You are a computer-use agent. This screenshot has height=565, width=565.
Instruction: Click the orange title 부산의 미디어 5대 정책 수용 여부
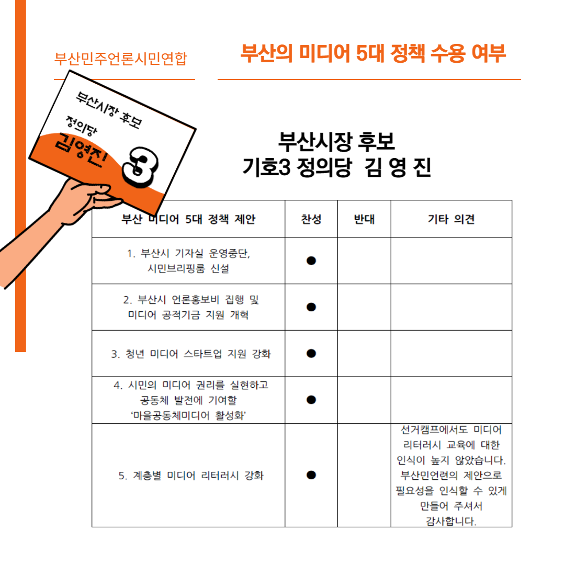point(373,53)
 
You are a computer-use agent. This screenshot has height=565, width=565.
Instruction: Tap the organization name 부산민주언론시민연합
point(121,59)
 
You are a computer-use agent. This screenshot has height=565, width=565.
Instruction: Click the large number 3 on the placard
point(140,167)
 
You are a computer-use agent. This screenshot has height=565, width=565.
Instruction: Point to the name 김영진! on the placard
point(82,150)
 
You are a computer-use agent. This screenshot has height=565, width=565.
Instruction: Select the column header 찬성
point(311,219)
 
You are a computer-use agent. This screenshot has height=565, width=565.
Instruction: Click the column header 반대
point(364,219)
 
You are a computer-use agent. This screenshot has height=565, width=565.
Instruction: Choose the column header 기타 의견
point(451,219)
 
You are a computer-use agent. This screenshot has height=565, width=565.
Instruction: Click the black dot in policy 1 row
point(311,261)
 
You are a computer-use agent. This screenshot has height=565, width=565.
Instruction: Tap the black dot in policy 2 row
point(311,307)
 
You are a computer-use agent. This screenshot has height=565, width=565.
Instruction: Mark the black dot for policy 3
point(311,354)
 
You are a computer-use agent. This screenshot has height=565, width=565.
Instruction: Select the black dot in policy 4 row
point(311,400)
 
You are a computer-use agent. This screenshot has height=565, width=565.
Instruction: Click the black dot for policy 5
point(311,475)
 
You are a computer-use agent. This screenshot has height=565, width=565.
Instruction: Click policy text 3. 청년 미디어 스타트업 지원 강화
point(190,354)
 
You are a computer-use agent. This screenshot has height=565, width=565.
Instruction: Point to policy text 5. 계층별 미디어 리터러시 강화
point(191,476)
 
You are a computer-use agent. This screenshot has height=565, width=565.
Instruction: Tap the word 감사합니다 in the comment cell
point(451,521)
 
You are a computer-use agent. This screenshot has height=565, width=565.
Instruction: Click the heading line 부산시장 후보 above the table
point(336,141)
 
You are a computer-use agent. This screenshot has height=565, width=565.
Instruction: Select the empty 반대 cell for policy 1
point(364,261)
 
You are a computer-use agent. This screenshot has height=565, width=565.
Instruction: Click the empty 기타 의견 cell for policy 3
point(451,354)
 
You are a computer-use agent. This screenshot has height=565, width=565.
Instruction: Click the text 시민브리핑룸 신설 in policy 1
point(188,268)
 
